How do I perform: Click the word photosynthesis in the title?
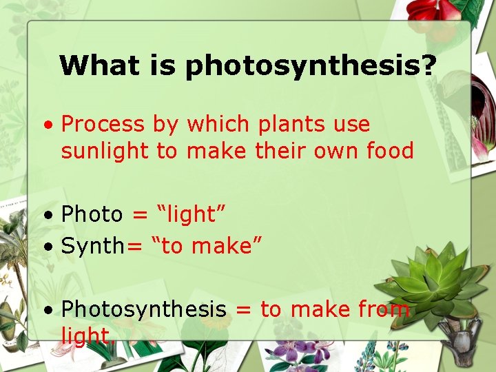pos(311,67)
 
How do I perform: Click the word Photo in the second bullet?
pos(92,214)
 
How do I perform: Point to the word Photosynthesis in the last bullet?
pos(143,310)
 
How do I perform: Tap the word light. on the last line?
pos(88,335)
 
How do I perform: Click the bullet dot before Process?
pos(48,126)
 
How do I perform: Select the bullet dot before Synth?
pos(48,247)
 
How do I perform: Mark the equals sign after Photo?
pos(140,215)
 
